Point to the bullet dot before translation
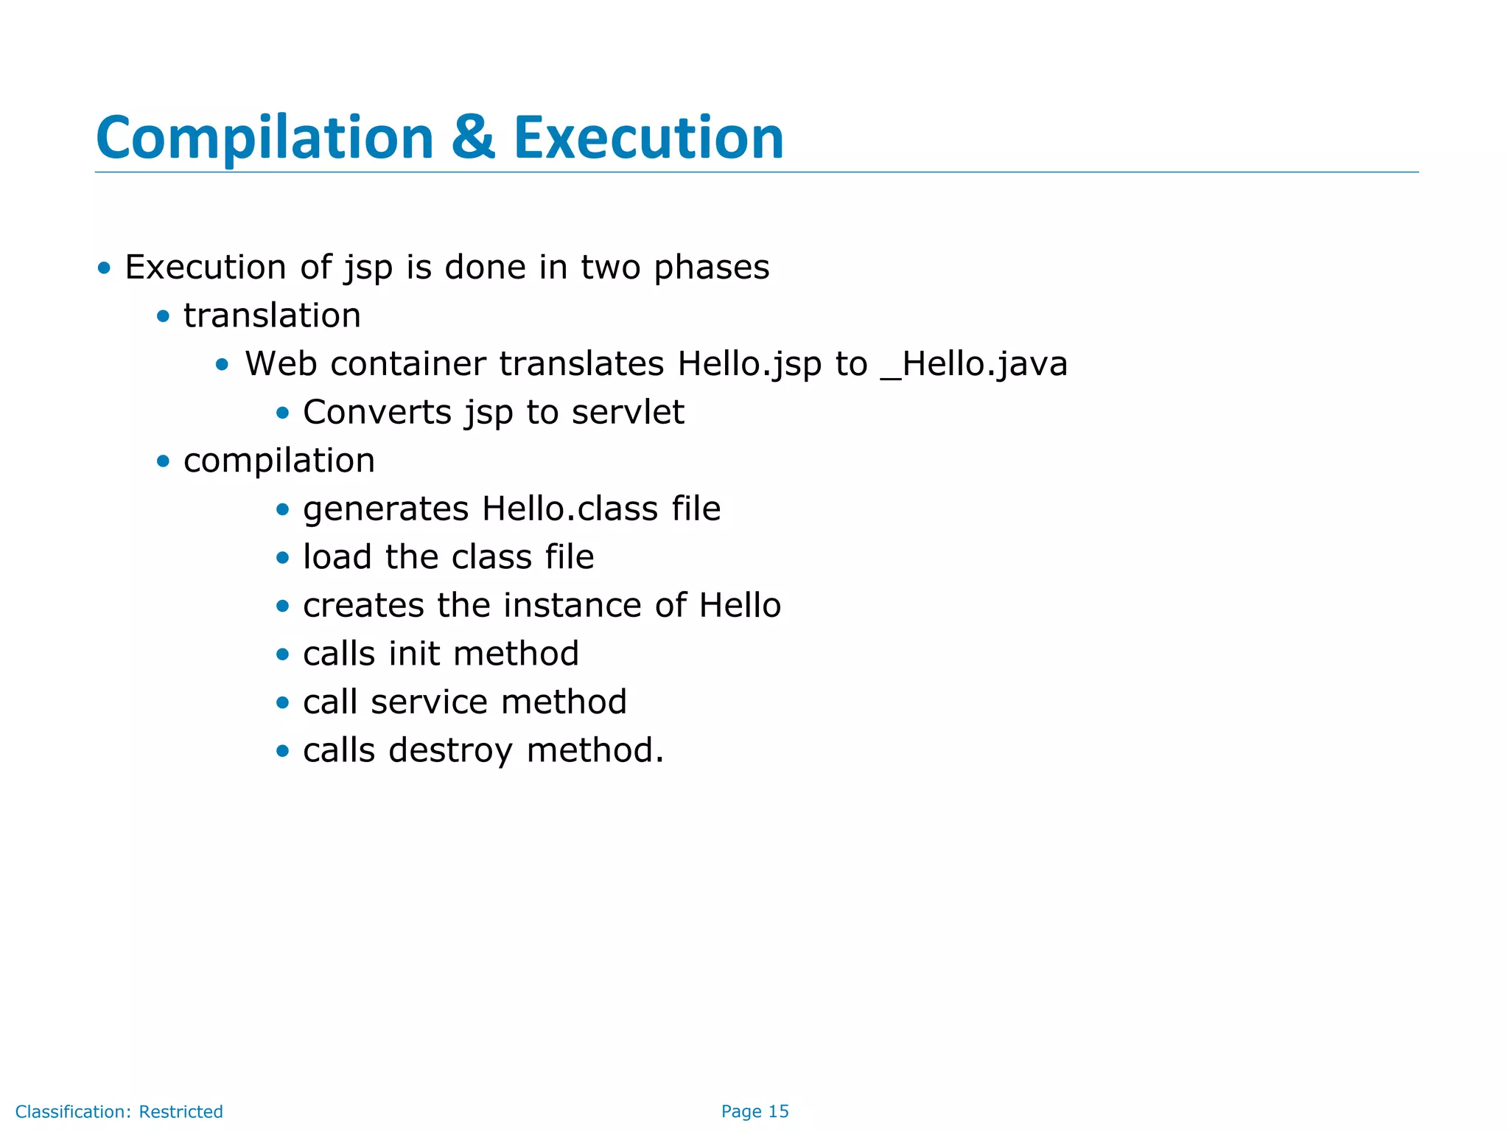pos(163,317)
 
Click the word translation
pos(272,316)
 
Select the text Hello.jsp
pos(749,364)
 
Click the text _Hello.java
pos(973,364)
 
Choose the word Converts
pos(377,412)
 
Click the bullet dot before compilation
pos(163,461)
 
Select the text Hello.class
pos(570,509)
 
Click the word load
pos(337,557)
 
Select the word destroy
pos(450,750)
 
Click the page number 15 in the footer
pos(778,1111)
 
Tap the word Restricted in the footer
pos(181,1111)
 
